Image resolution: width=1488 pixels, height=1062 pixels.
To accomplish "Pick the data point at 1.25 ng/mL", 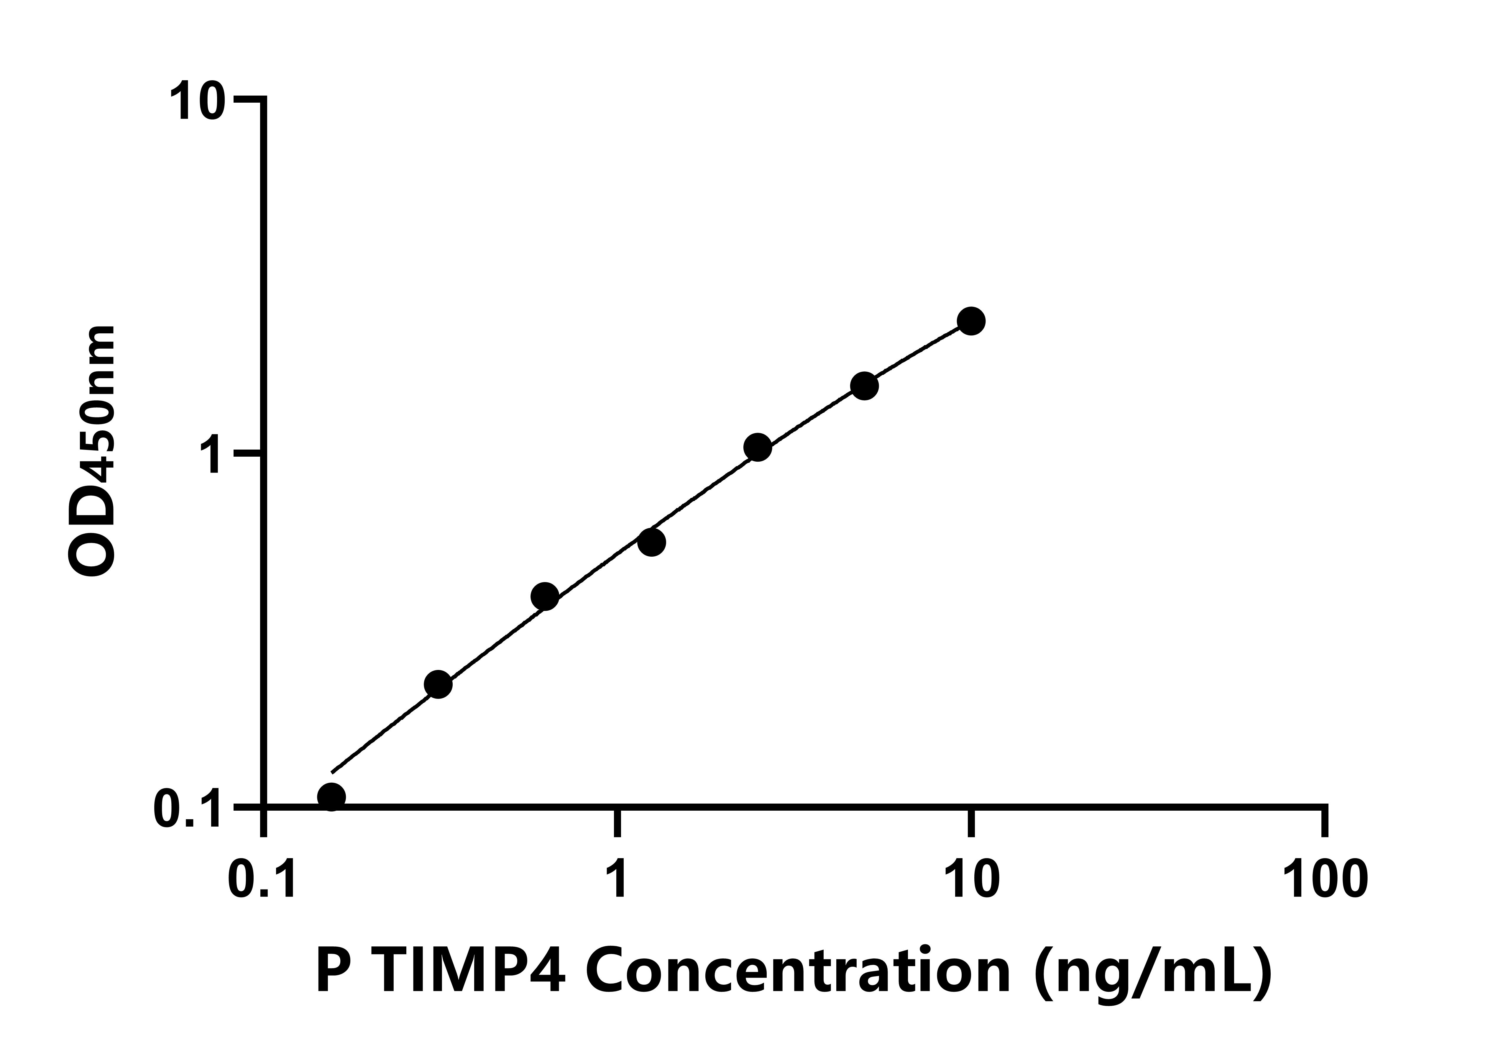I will click(x=651, y=542).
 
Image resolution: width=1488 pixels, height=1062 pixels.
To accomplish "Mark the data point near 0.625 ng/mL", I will click(x=545, y=596).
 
